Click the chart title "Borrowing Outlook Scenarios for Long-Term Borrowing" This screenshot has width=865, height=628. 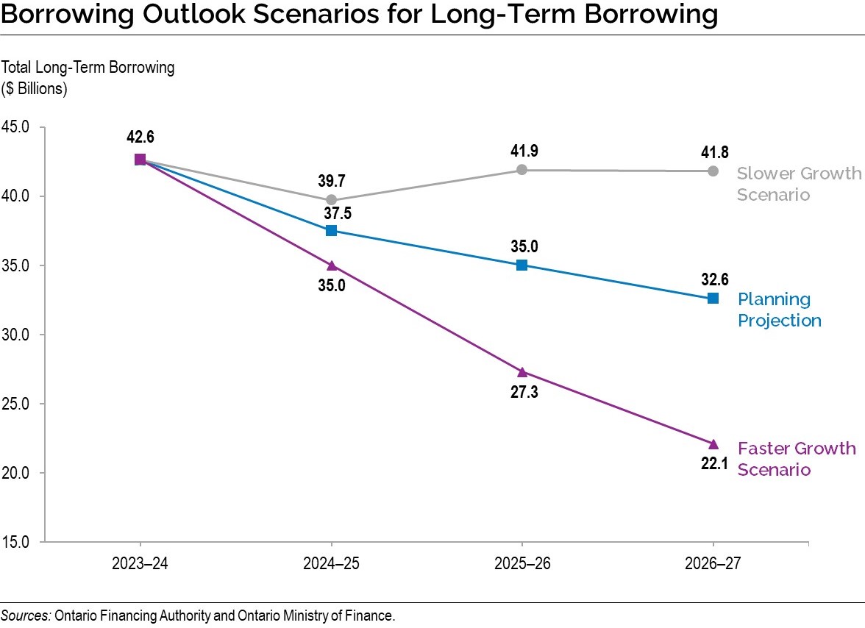(x=359, y=15)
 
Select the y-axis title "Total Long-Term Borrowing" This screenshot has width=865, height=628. (x=88, y=68)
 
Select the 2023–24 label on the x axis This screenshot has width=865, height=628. (x=140, y=564)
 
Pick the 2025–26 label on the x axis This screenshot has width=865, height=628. (x=522, y=564)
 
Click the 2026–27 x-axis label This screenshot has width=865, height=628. (x=713, y=564)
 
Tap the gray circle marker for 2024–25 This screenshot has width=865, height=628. (x=331, y=200)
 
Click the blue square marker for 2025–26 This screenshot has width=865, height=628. (x=522, y=265)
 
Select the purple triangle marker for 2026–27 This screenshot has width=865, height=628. (x=713, y=444)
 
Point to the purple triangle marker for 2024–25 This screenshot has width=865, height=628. (x=331, y=265)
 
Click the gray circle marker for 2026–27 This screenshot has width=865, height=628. (x=713, y=171)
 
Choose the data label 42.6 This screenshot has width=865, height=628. (x=140, y=137)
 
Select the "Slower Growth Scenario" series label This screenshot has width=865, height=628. (x=798, y=184)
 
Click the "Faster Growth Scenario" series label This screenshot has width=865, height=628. (x=796, y=459)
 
